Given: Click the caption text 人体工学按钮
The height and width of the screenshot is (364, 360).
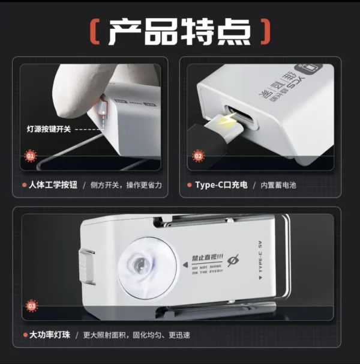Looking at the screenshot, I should pyautogui.click(x=55, y=185).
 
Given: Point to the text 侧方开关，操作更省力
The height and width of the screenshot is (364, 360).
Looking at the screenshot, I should pyautogui.click(x=127, y=185).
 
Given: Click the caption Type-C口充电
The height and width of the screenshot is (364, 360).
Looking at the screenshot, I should pyautogui.click(x=221, y=185).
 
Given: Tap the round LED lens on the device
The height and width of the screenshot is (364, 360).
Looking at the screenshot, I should pyautogui.click(x=137, y=264).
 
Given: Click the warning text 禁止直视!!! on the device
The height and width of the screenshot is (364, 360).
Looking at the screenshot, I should pyautogui.click(x=206, y=258).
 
